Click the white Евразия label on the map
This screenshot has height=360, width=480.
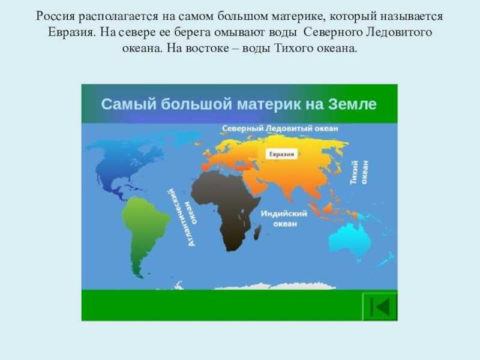pyautogui.click(x=281, y=154)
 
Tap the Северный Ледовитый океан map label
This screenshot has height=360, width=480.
pyautogui.click(x=280, y=128)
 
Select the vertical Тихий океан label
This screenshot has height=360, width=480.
pyautogui.click(x=359, y=172)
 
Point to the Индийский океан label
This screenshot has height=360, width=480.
pyautogui.click(x=284, y=218)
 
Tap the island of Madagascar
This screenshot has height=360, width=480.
pyautogui.click(x=257, y=232)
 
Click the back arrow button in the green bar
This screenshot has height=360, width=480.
pyautogui.click(x=380, y=307)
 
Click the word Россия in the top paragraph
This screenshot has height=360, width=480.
pyautogui.click(x=55, y=16)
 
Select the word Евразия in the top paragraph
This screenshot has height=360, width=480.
pyautogui.click(x=71, y=32)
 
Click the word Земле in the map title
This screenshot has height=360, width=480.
pyautogui.click(x=352, y=104)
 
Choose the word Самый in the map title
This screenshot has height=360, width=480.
pyautogui.click(x=129, y=104)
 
